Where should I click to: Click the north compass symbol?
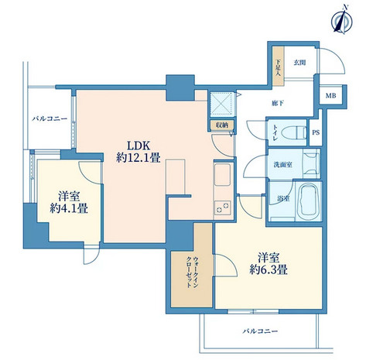click(342, 21)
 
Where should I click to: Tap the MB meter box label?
click(330, 96)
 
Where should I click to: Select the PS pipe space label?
click(316, 132)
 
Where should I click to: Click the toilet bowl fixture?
click(293, 132)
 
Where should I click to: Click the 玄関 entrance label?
click(299, 62)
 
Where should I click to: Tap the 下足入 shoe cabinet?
click(279, 67)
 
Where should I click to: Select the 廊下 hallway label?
click(278, 103)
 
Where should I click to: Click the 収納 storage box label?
click(222, 125)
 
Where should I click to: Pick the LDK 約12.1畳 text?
click(139, 152)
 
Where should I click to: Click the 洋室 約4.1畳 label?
click(69, 202)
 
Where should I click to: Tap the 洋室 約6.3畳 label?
click(269, 263)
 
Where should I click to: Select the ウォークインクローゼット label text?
click(192, 272)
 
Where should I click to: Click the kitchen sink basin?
click(222, 174)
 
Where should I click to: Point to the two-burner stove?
click(222, 207)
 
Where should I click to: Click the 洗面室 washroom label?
click(282, 164)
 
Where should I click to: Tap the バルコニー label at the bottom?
click(260, 331)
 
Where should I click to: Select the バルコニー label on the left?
click(50, 118)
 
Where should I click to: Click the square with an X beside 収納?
click(221, 104)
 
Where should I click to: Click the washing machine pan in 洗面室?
click(311, 163)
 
